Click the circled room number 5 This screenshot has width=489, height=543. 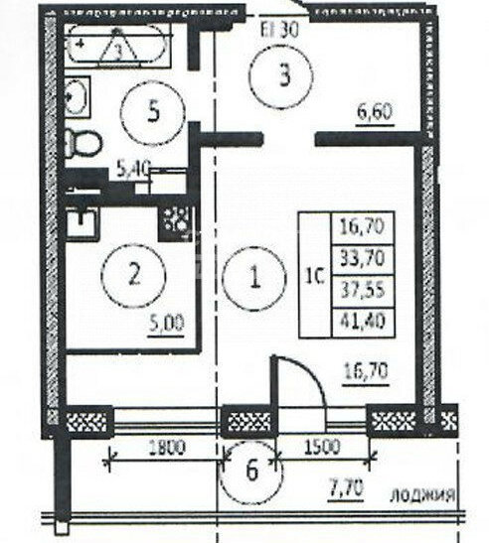pyautogui.click(x=152, y=112)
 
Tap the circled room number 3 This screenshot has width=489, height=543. pyautogui.click(x=281, y=76)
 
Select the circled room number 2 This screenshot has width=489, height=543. pyautogui.click(x=134, y=275)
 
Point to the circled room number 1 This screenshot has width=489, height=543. pyautogui.click(x=254, y=277)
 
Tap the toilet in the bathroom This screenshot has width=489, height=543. pyautogui.click(x=83, y=143)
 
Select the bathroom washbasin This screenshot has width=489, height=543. pyautogui.click(x=78, y=97)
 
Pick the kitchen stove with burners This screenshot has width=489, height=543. pyautogui.click(x=176, y=223)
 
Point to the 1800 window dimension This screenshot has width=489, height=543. pyautogui.click(x=167, y=447)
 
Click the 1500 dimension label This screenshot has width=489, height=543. pyautogui.click(x=323, y=447)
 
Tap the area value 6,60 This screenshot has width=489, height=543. pyautogui.click(x=376, y=112)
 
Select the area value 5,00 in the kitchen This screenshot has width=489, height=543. pyautogui.click(x=166, y=323)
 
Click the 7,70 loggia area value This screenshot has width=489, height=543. pyautogui.click(x=346, y=488)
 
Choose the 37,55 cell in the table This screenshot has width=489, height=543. pyautogui.click(x=363, y=291)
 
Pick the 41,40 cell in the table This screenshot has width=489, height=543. pyautogui.click(x=363, y=322)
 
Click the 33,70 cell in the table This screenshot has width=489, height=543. pyautogui.click(x=363, y=260)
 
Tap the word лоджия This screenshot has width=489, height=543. pyautogui.click(x=422, y=495)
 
